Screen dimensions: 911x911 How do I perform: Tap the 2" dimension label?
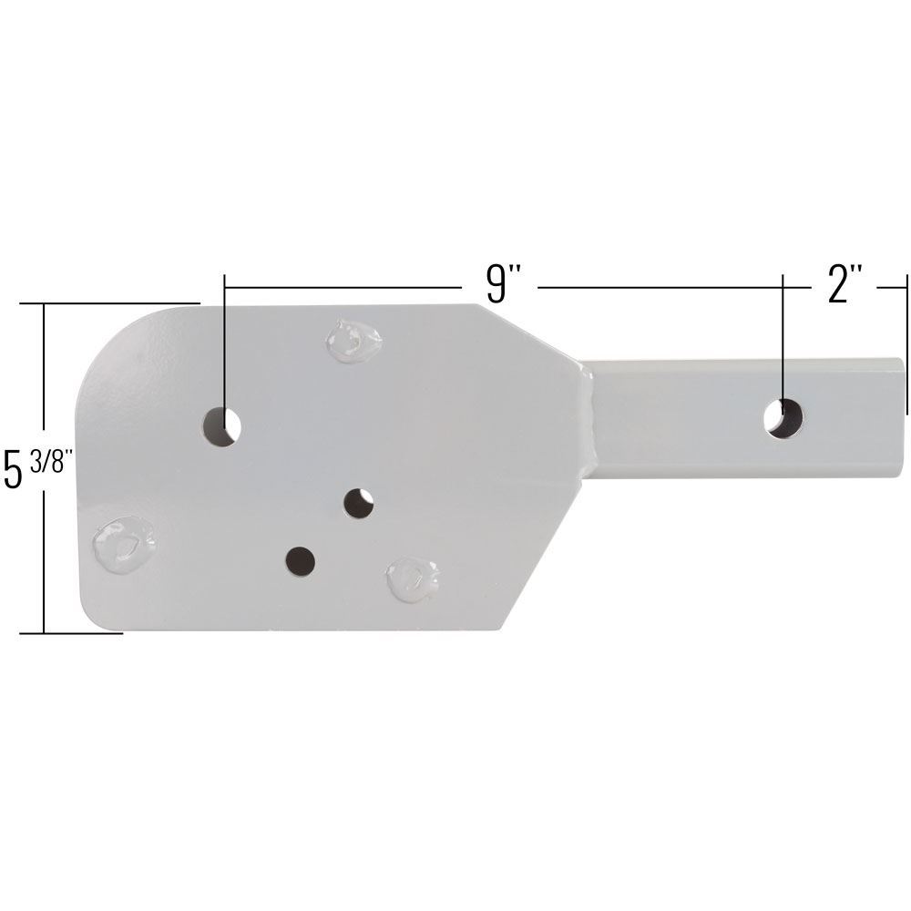[x=844, y=285]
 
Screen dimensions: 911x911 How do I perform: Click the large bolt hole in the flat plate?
[x=221, y=425]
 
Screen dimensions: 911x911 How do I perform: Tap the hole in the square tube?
[x=783, y=418]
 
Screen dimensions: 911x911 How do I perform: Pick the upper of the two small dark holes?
[x=359, y=503]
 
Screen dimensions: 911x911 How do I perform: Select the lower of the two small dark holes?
[x=300, y=561]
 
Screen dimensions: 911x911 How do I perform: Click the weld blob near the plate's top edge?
[x=353, y=341]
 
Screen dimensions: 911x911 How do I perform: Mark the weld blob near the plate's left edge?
[x=123, y=544]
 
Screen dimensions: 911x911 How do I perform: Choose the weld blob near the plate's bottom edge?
[x=413, y=578]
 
